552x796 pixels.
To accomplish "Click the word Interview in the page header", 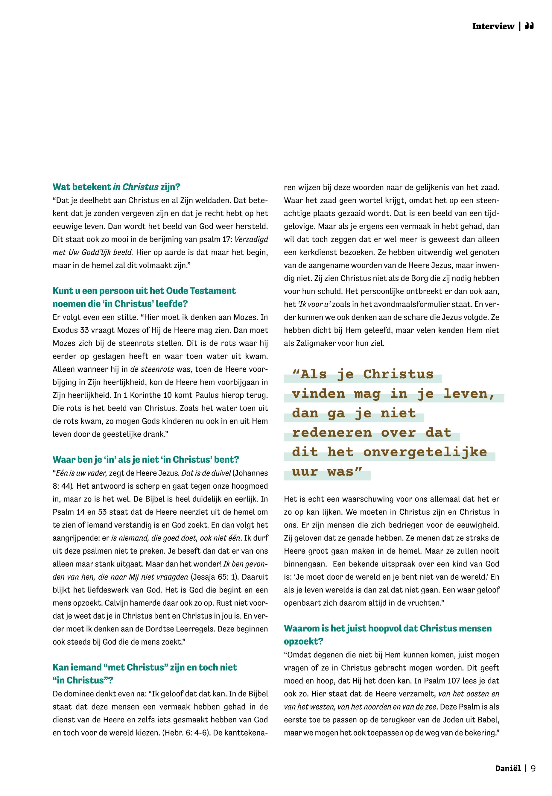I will [x=493, y=26].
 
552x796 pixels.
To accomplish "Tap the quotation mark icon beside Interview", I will [x=529, y=26].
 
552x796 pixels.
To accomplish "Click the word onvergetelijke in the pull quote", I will [x=425, y=452].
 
